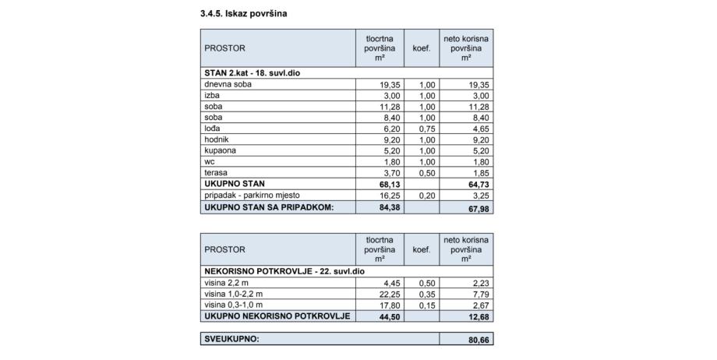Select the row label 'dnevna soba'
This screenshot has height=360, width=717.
pyautogui.click(x=225, y=84)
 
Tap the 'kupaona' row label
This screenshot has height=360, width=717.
pyautogui.click(x=220, y=150)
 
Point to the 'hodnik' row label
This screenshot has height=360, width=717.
pyautogui.click(x=217, y=139)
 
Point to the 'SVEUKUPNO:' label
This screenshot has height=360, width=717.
pyautogui.click(x=231, y=340)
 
